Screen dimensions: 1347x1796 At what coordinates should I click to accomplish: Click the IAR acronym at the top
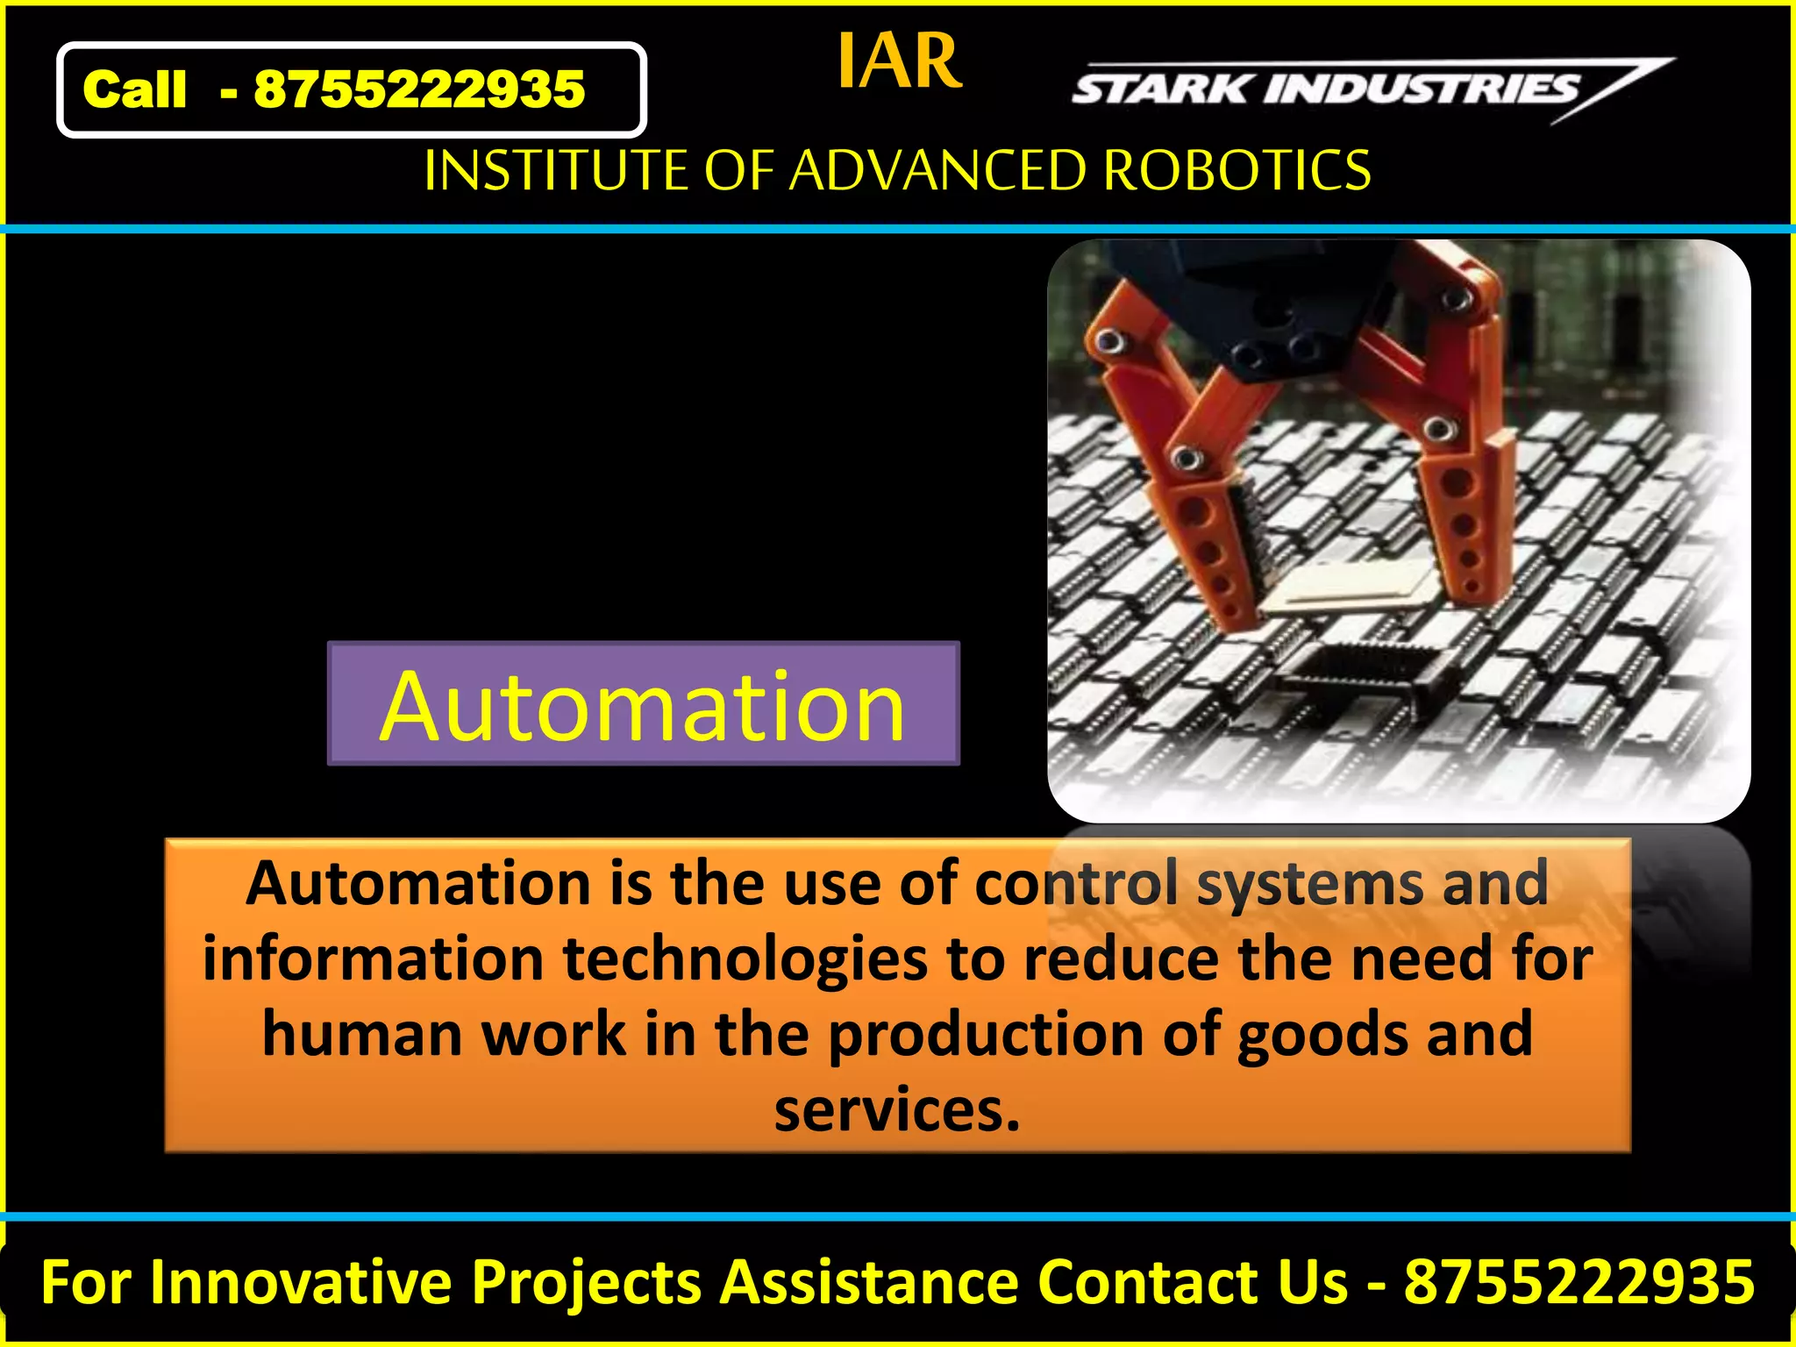pyautogui.click(x=900, y=61)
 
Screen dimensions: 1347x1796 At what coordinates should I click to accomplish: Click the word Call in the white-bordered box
pyautogui.click(x=134, y=89)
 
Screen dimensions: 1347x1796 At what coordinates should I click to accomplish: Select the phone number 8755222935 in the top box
pyautogui.click(x=419, y=89)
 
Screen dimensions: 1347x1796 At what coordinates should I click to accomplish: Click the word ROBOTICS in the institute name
pyautogui.click(x=1237, y=170)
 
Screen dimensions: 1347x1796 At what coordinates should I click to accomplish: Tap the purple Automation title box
pyautogui.click(x=643, y=704)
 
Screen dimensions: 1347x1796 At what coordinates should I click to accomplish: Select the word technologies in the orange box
pyautogui.click(x=745, y=959)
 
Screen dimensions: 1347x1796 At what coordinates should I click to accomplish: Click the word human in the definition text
pyautogui.click(x=361, y=1034)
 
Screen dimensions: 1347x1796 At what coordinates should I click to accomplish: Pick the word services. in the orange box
pyautogui.click(x=897, y=1110)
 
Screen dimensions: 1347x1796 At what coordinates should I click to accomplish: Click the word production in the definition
pyautogui.click(x=986, y=1036)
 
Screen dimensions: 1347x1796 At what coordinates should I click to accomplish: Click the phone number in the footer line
pyautogui.click(x=1579, y=1282)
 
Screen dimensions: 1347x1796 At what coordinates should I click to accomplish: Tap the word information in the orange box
pyautogui.click(x=373, y=959)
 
